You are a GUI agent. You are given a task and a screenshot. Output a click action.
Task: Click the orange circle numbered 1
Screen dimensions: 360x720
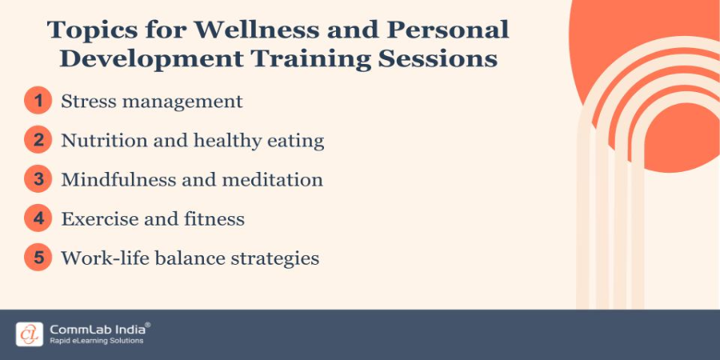click(37, 102)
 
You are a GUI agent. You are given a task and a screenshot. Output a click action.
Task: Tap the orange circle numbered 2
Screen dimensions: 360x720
click(37, 141)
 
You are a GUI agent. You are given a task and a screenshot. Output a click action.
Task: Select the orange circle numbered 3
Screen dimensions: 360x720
click(37, 180)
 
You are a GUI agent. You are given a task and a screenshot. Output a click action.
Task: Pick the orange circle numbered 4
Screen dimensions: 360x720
click(37, 219)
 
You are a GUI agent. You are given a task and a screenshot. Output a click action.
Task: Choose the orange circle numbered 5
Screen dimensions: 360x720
click(37, 258)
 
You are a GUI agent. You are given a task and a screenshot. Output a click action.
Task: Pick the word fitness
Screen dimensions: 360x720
click(214, 219)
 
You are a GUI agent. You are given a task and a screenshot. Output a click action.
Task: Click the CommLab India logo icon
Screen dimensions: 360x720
click(29, 334)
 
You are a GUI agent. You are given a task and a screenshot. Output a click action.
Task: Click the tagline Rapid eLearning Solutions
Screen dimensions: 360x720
click(96, 341)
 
